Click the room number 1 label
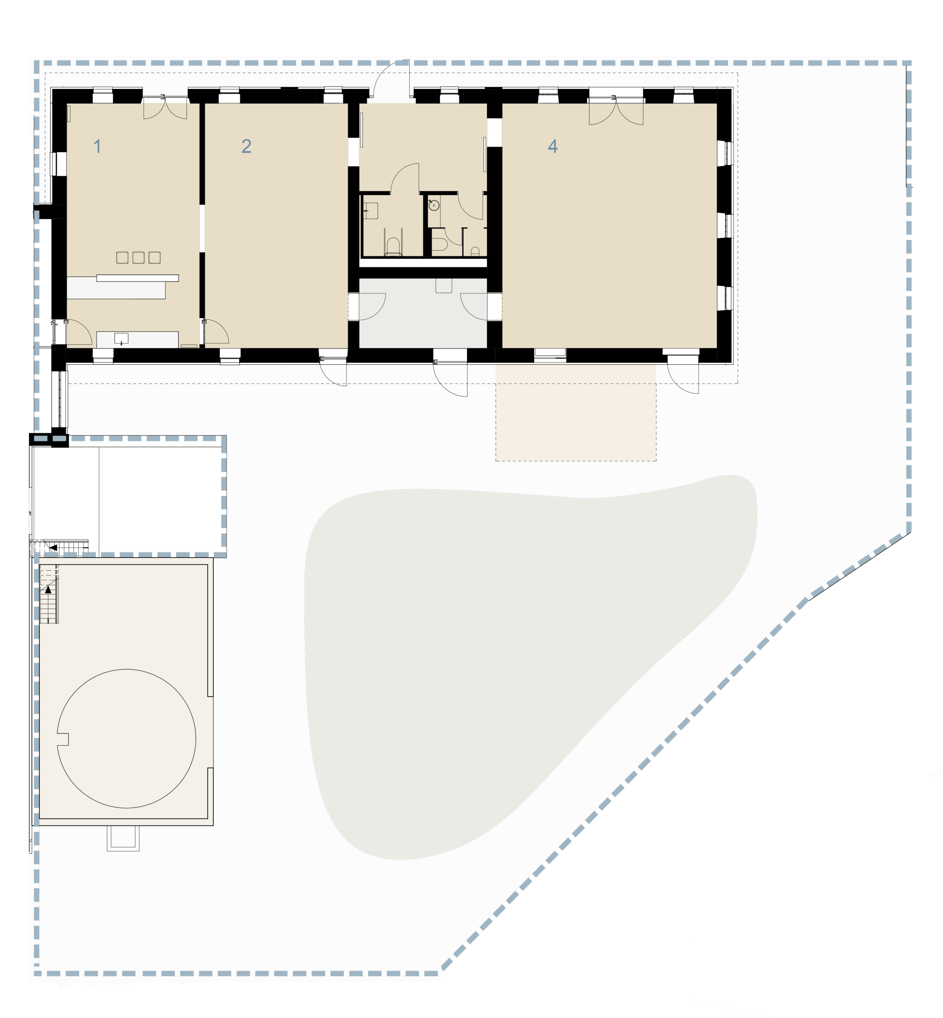97,146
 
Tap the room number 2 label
247,146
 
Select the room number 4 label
552,146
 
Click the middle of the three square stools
138,257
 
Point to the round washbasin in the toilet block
434,205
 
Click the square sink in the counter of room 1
121,338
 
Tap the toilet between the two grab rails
393,246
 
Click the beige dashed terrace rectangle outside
576,412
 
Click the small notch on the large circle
63,739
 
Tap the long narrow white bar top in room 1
138,278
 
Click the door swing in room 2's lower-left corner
216,332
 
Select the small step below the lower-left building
123,838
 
